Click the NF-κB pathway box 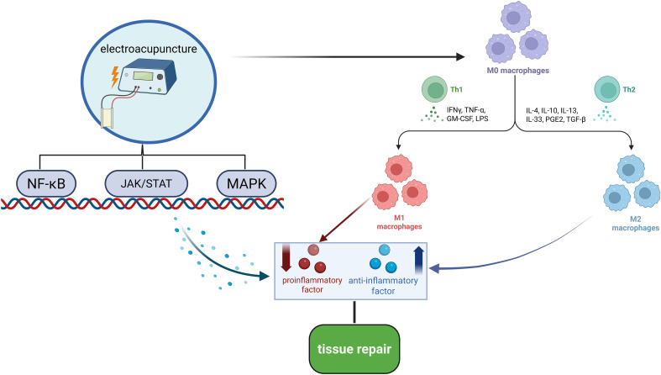(x=46, y=183)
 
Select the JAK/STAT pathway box (x=146, y=183)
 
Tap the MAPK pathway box (x=247, y=183)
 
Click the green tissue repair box (x=354, y=349)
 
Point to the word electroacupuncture (x=149, y=49)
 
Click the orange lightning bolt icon (x=115, y=77)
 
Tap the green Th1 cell (x=434, y=89)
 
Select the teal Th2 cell (x=607, y=89)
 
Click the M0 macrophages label (x=517, y=71)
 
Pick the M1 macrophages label (x=399, y=222)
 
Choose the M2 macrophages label (x=635, y=224)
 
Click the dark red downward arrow (x=286, y=257)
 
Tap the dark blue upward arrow (x=418, y=261)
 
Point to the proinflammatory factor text (x=312, y=285)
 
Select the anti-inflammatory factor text (x=383, y=286)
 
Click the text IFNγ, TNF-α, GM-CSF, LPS (x=468, y=114)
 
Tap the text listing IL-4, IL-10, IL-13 (x=555, y=115)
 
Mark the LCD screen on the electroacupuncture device (x=143, y=76)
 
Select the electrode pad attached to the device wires (x=108, y=118)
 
